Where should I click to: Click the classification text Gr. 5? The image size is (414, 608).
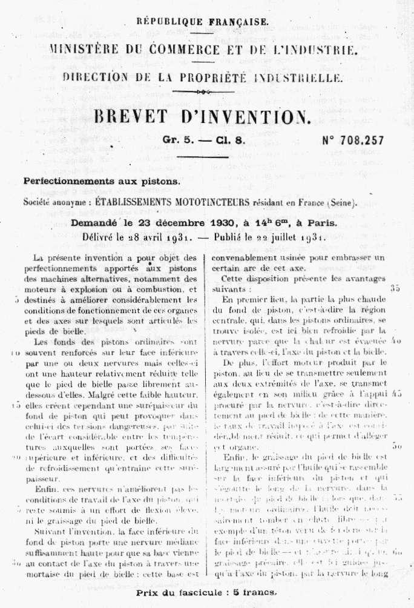(x=177, y=140)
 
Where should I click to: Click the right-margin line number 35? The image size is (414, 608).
(x=395, y=288)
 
